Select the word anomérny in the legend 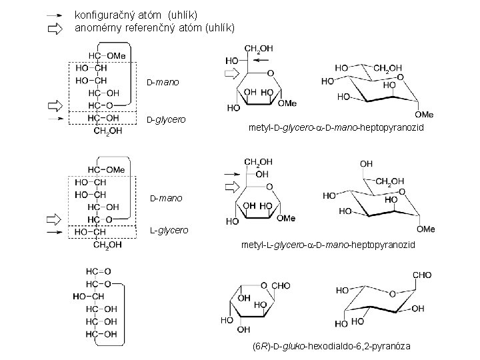point(99,28)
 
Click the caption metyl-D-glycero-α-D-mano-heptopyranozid point(335,127)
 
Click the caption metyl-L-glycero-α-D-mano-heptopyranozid point(328,245)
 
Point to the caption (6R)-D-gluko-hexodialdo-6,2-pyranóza point(332,347)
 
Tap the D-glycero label point(166,119)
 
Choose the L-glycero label point(168,230)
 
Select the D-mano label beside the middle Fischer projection point(165,198)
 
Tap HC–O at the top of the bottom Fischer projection point(97,271)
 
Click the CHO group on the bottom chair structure point(421,275)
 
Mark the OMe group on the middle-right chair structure point(425,229)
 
